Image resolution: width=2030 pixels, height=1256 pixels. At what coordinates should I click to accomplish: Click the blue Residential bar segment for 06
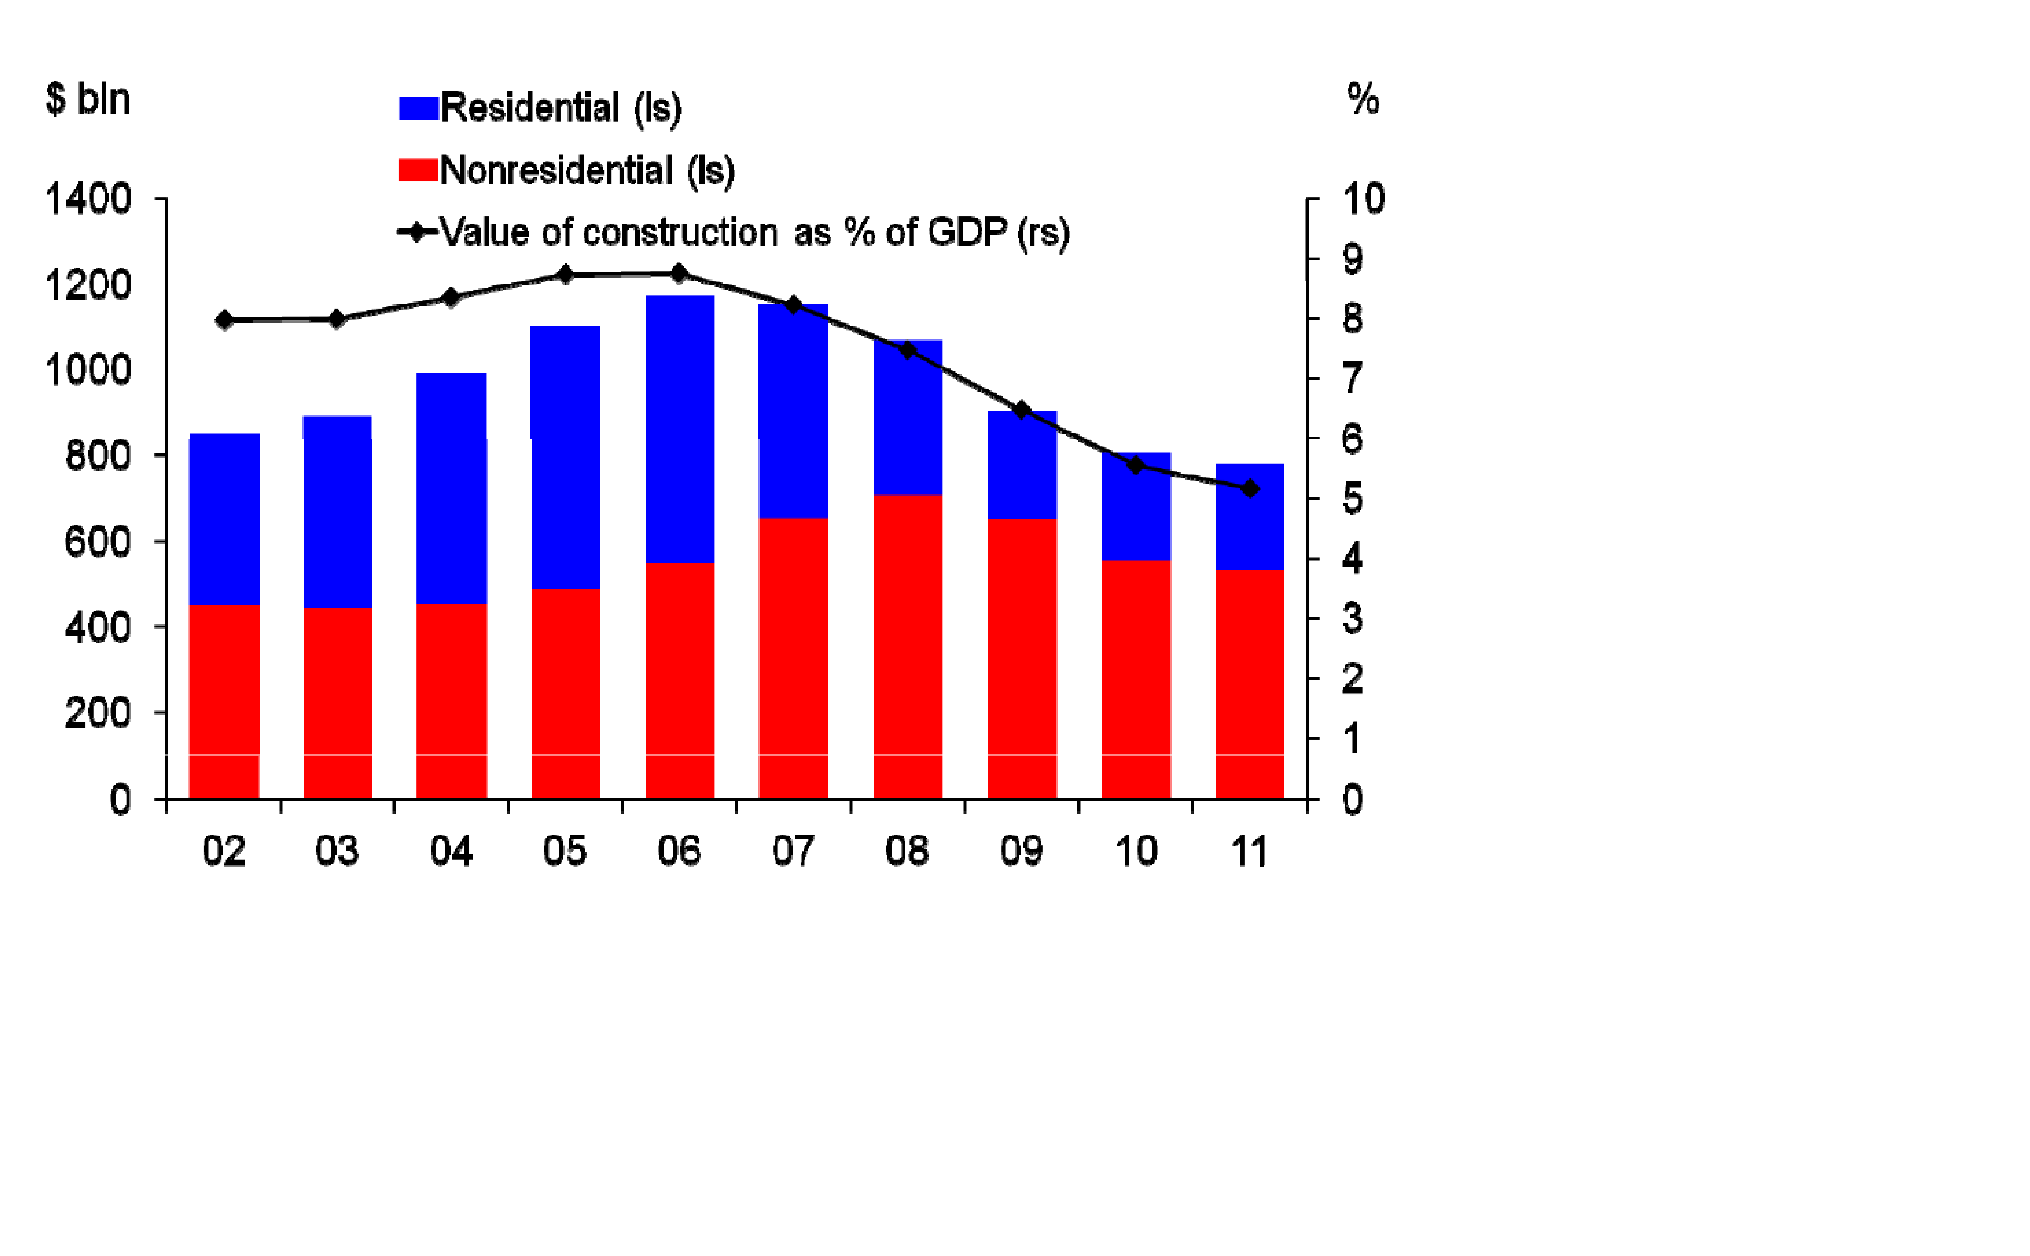[680, 429]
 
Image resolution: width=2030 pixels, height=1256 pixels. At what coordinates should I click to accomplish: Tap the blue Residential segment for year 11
[1250, 517]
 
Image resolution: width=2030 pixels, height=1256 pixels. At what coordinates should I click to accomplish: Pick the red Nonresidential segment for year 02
[224, 702]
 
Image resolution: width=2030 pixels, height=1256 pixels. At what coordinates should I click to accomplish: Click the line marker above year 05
[565, 275]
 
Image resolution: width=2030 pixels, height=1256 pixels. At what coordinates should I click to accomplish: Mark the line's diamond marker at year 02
[224, 320]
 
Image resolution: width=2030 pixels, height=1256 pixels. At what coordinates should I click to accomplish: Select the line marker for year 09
[1022, 410]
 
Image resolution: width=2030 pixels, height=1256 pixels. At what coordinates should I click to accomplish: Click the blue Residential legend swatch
[418, 108]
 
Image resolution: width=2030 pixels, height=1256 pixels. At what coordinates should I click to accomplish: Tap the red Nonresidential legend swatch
[418, 170]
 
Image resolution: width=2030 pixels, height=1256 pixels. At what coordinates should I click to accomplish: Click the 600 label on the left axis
[98, 542]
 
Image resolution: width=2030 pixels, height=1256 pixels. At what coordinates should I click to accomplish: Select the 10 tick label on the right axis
[1363, 199]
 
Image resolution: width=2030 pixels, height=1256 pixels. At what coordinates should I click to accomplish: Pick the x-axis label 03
[336, 851]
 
